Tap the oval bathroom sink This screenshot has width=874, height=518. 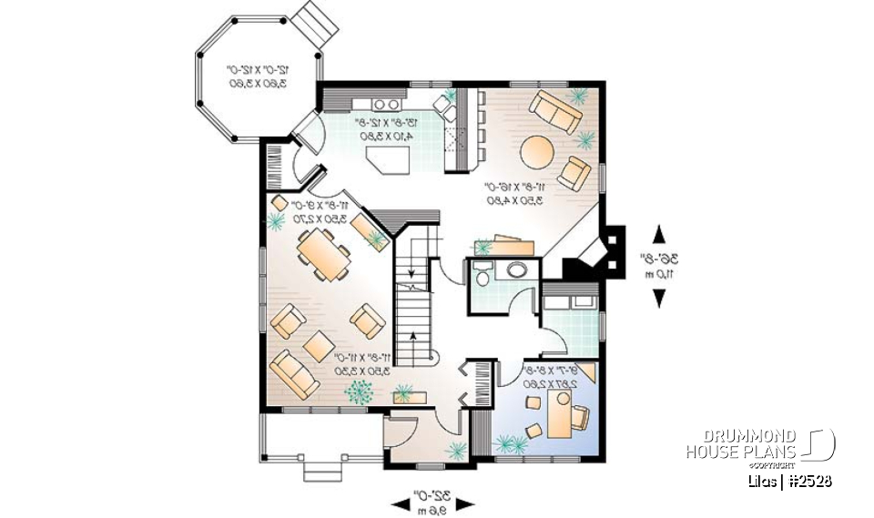point(517,270)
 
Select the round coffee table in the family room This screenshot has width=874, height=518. point(535,148)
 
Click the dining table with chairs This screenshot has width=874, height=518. point(323,252)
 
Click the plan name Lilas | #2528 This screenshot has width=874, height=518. point(786,481)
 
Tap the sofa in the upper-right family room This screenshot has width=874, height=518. point(554,110)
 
